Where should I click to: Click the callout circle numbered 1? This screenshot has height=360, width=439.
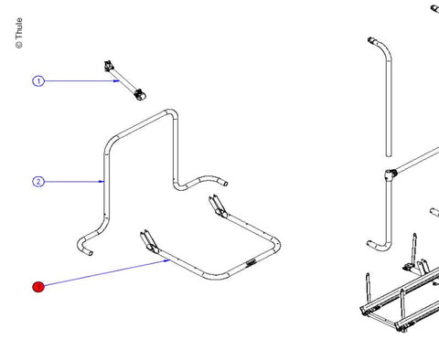click(38, 81)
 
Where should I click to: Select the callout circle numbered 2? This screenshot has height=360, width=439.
click(38, 182)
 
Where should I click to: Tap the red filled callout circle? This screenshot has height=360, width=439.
click(38, 287)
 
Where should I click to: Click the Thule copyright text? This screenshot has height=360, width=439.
click(19, 33)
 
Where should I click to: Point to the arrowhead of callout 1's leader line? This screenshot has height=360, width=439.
click(116, 80)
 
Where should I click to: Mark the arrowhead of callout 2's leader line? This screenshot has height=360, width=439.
click(102, 182)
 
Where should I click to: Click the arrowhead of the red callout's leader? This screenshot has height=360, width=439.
click(166, 260)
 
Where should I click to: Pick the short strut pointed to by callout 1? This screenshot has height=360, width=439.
click(125, 80)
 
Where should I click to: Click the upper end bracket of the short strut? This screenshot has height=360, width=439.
click(108, 66)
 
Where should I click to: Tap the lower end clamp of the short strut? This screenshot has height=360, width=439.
click(140, 95)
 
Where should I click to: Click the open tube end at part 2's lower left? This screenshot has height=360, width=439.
click(90, 253)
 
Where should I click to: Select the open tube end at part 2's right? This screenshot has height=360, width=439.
click(225, 184)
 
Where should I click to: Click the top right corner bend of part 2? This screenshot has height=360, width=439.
click(172, 114)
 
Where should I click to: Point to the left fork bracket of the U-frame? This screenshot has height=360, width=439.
click(149, 242)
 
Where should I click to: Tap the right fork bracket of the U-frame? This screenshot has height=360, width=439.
click(218, 206)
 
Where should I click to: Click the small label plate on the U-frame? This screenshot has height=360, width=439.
click(251, 262)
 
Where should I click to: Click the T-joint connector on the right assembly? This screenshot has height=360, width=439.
click(390, 175)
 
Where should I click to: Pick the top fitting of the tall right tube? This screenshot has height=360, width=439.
click(372, 40)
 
